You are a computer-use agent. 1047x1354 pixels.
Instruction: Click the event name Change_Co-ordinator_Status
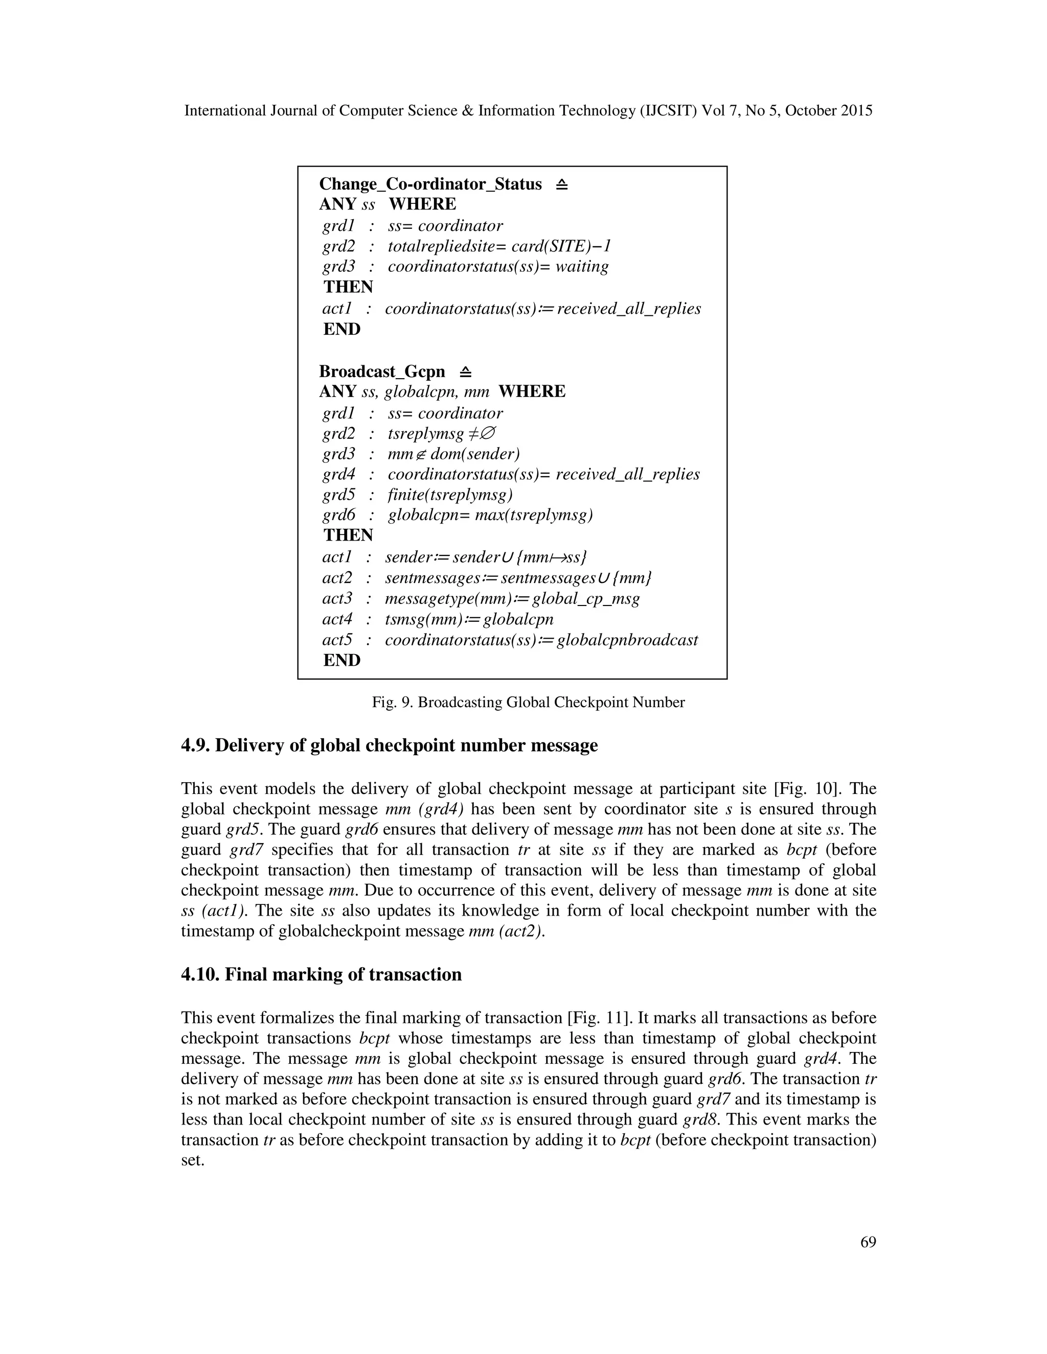[x=430, y=184]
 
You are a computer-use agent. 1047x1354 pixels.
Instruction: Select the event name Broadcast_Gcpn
[x=381, y=371]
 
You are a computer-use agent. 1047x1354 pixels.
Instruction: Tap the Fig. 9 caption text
[x=528, y=703]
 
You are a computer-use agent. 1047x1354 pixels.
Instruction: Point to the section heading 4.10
[x=321, y=974]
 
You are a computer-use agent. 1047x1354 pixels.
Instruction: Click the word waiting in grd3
[x=582, y=267]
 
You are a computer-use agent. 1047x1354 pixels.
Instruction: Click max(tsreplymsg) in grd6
[x=533, y=515]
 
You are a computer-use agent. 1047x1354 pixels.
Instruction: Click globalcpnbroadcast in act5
[x=627, y=640]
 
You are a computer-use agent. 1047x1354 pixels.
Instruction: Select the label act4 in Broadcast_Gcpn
[x=337, y=619]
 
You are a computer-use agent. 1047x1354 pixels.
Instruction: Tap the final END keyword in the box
[x=342, y=660]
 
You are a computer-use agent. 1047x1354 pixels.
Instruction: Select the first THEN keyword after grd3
[x=348, y=287]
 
